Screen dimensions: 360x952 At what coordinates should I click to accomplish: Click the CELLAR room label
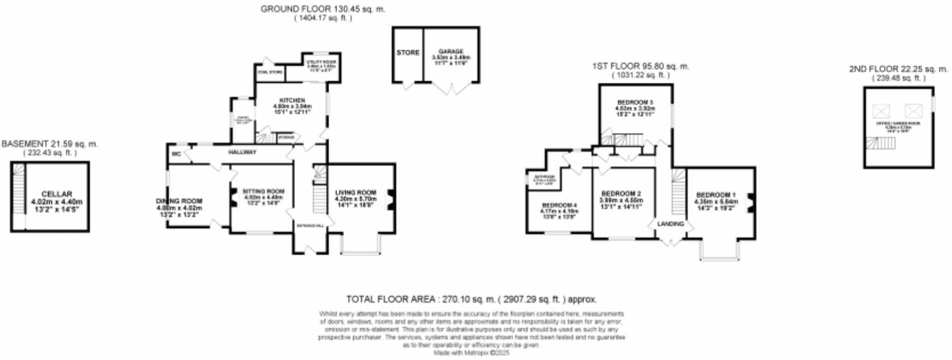coord(56,194)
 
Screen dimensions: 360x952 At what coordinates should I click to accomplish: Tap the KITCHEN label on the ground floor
coord(292,100)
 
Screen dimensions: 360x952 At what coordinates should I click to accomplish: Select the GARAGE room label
coord(451,51)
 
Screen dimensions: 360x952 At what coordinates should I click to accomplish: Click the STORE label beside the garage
coord(408,52)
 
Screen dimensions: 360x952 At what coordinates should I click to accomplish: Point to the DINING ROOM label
coord(179,201)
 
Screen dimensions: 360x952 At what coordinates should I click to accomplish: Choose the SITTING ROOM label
coord(263,191)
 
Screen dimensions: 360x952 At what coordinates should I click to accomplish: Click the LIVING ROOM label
coord(355,192)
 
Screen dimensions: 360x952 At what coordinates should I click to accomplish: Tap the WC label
coord(176,154)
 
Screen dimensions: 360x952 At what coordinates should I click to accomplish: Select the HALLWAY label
coord(242,152)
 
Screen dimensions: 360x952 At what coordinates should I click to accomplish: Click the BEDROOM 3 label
coord(635,102)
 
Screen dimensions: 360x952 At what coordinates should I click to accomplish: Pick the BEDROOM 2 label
coord(621,193)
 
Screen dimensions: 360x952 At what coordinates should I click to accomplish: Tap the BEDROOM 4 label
coord(559,205)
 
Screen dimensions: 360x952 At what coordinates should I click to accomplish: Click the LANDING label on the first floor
coord(670,223)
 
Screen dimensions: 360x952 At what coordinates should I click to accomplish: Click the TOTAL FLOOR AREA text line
coord(471,299)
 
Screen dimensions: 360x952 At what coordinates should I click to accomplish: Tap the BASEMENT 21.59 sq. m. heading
coord(50,144)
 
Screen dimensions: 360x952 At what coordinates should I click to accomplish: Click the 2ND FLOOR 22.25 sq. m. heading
coord(898,69)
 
